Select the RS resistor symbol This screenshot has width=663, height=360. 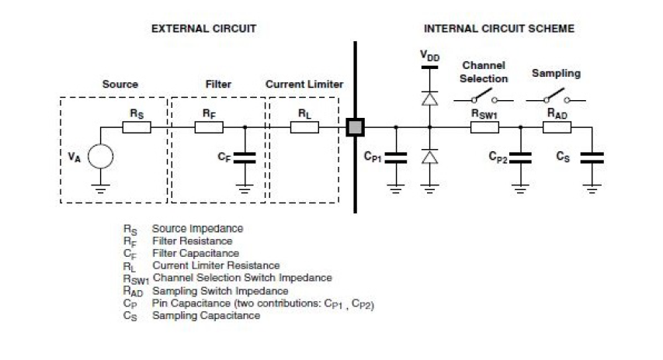[137, 126]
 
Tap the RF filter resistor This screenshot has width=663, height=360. [208, 126]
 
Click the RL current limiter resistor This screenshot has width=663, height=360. [304, 126]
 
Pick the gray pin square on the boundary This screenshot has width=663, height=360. [356, 126]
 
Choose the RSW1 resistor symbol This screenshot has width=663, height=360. [484, 126]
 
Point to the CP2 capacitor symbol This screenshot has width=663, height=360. [520, 157]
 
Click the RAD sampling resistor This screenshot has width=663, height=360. [554, 126]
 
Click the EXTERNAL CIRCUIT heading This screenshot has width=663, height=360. [203, 29]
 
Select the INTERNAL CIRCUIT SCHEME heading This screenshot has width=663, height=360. [499, 29]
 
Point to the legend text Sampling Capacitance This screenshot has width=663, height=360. [206, 317]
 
